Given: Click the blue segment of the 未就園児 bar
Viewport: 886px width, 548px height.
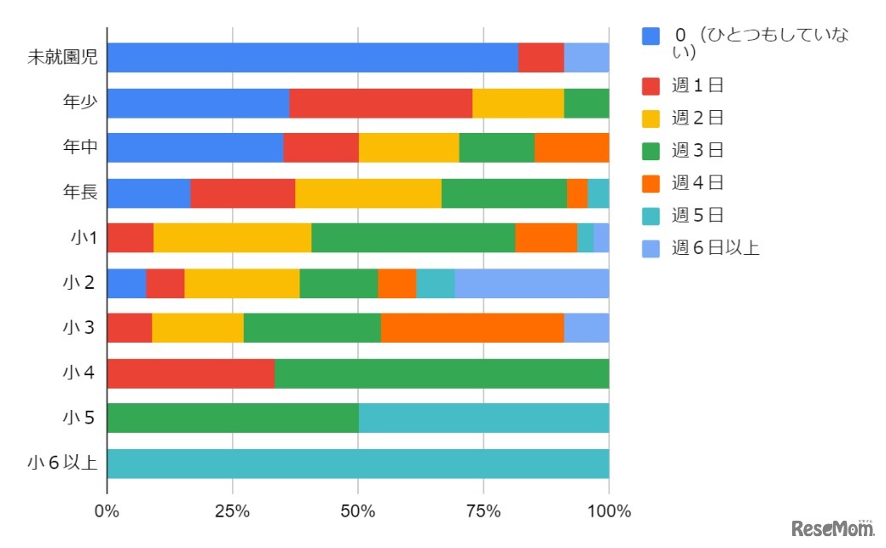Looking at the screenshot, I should [312, 58].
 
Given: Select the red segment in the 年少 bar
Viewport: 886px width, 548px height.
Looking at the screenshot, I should [380, 103].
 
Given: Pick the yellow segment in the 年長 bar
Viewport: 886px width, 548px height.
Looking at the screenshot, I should [368, 193].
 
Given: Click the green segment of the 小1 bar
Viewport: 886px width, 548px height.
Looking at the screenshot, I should [413, 239].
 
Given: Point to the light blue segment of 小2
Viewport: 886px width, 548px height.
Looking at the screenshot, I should [531, 284].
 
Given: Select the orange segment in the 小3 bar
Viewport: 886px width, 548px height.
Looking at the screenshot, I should [472, 328].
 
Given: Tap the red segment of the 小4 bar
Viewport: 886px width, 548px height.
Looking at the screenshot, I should [191, 373].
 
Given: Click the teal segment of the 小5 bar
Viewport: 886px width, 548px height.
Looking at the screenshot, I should [484, 418].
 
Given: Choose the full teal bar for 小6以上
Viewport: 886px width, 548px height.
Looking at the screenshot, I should [358, 464].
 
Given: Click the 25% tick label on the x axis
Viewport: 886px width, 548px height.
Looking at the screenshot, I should [232, 512].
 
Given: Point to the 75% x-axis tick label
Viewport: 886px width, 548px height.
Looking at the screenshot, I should [484, 512].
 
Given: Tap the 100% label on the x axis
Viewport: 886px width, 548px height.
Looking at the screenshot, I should [610, 512].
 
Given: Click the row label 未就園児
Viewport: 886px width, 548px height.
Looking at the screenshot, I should [62, 58].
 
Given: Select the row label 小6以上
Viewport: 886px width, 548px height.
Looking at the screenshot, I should [62, 464].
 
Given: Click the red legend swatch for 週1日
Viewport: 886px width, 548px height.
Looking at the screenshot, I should [651, 85].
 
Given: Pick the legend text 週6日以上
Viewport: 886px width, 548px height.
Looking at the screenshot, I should [715, 248].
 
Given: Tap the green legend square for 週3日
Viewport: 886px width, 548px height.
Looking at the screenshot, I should [651, 151].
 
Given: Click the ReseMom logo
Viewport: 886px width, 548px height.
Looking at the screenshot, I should [833, 528].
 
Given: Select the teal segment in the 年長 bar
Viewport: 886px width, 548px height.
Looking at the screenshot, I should [599, 193].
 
